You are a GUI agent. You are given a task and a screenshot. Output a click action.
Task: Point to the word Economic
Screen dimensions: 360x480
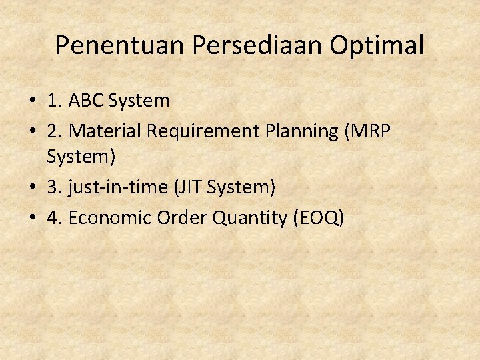pos(110,217)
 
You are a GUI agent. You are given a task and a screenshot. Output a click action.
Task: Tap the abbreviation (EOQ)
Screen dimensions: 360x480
pos(319,218)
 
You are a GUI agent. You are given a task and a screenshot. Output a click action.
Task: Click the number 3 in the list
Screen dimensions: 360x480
pos(53,188)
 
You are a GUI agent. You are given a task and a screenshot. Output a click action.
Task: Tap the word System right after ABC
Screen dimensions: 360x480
pos(139,101)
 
